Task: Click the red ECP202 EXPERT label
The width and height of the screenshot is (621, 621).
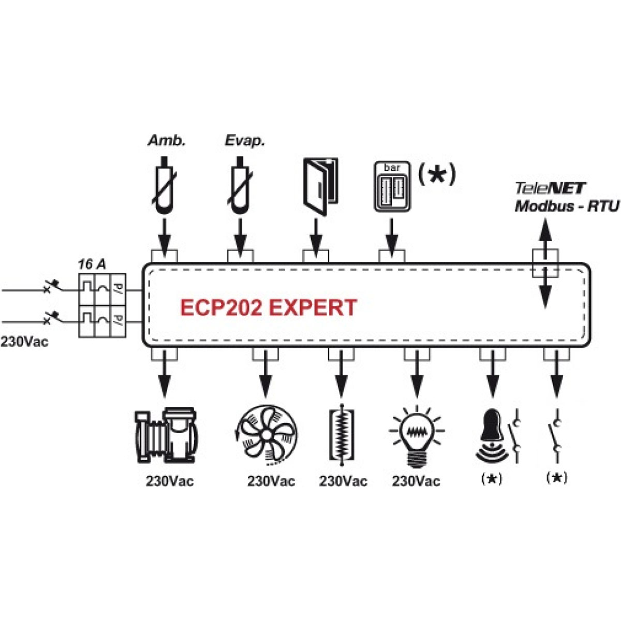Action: [x=268, y=307]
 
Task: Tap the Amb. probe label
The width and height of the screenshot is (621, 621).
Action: [x=167, y=140]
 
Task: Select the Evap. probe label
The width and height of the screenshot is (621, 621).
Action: [x=244, y=140]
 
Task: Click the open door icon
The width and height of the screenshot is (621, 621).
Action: [x=319, y=186]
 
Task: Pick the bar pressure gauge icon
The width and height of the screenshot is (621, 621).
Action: [x=392, y=186]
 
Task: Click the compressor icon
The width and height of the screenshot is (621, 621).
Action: [x=166, y=435]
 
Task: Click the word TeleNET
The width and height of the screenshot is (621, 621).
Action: [x=550, y=188]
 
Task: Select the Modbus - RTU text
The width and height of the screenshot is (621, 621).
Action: [x=566, y=206]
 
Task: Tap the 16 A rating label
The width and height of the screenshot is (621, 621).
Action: [x=92, y=264]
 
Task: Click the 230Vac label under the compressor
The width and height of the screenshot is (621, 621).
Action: [x=169, y=481]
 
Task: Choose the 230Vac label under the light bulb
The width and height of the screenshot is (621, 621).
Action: [x=416, y=481]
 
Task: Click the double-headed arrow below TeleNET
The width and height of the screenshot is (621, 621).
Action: [x=545, y=264]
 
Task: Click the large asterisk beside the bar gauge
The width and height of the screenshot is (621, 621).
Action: [x=437, y=174]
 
